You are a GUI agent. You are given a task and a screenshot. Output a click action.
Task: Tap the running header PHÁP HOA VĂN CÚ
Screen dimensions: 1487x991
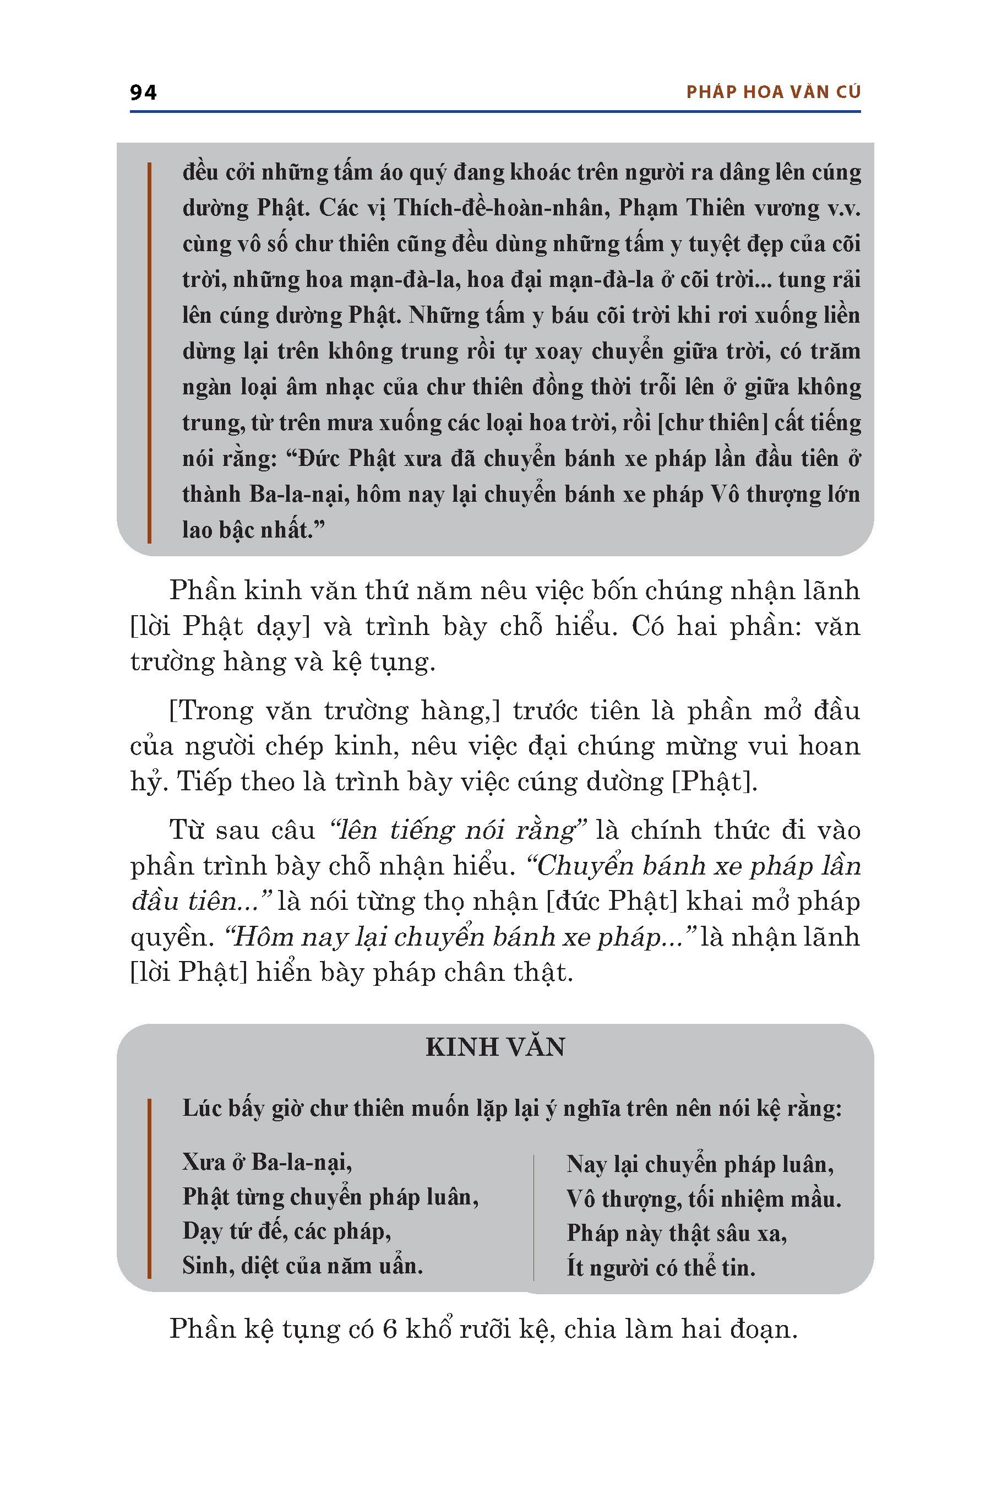773,93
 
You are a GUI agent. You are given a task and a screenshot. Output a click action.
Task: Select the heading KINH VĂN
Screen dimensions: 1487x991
495,1048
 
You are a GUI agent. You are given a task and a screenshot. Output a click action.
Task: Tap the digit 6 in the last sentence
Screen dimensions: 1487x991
389,1329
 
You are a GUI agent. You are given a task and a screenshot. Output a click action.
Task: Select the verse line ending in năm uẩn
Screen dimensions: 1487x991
302,1266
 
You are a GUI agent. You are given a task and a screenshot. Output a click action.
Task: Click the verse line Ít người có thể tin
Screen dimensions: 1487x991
661,1268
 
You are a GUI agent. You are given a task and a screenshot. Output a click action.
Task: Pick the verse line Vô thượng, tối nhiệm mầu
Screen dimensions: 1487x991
704,1200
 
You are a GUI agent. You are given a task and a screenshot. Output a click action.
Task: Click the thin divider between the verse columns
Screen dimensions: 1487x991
534,1217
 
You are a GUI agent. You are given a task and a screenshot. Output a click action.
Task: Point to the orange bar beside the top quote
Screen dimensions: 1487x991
149,352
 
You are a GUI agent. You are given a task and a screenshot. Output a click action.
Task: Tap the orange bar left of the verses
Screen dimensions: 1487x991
149,1188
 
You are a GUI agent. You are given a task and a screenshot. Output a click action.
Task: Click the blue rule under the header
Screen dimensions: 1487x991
495,112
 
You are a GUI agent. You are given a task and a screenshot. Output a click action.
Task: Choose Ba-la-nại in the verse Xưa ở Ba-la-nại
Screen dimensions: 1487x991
300,1162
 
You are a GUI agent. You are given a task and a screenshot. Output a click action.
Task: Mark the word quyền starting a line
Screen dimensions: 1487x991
169,937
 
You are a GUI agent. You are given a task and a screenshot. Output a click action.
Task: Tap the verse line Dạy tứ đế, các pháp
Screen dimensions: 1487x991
286,1231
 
